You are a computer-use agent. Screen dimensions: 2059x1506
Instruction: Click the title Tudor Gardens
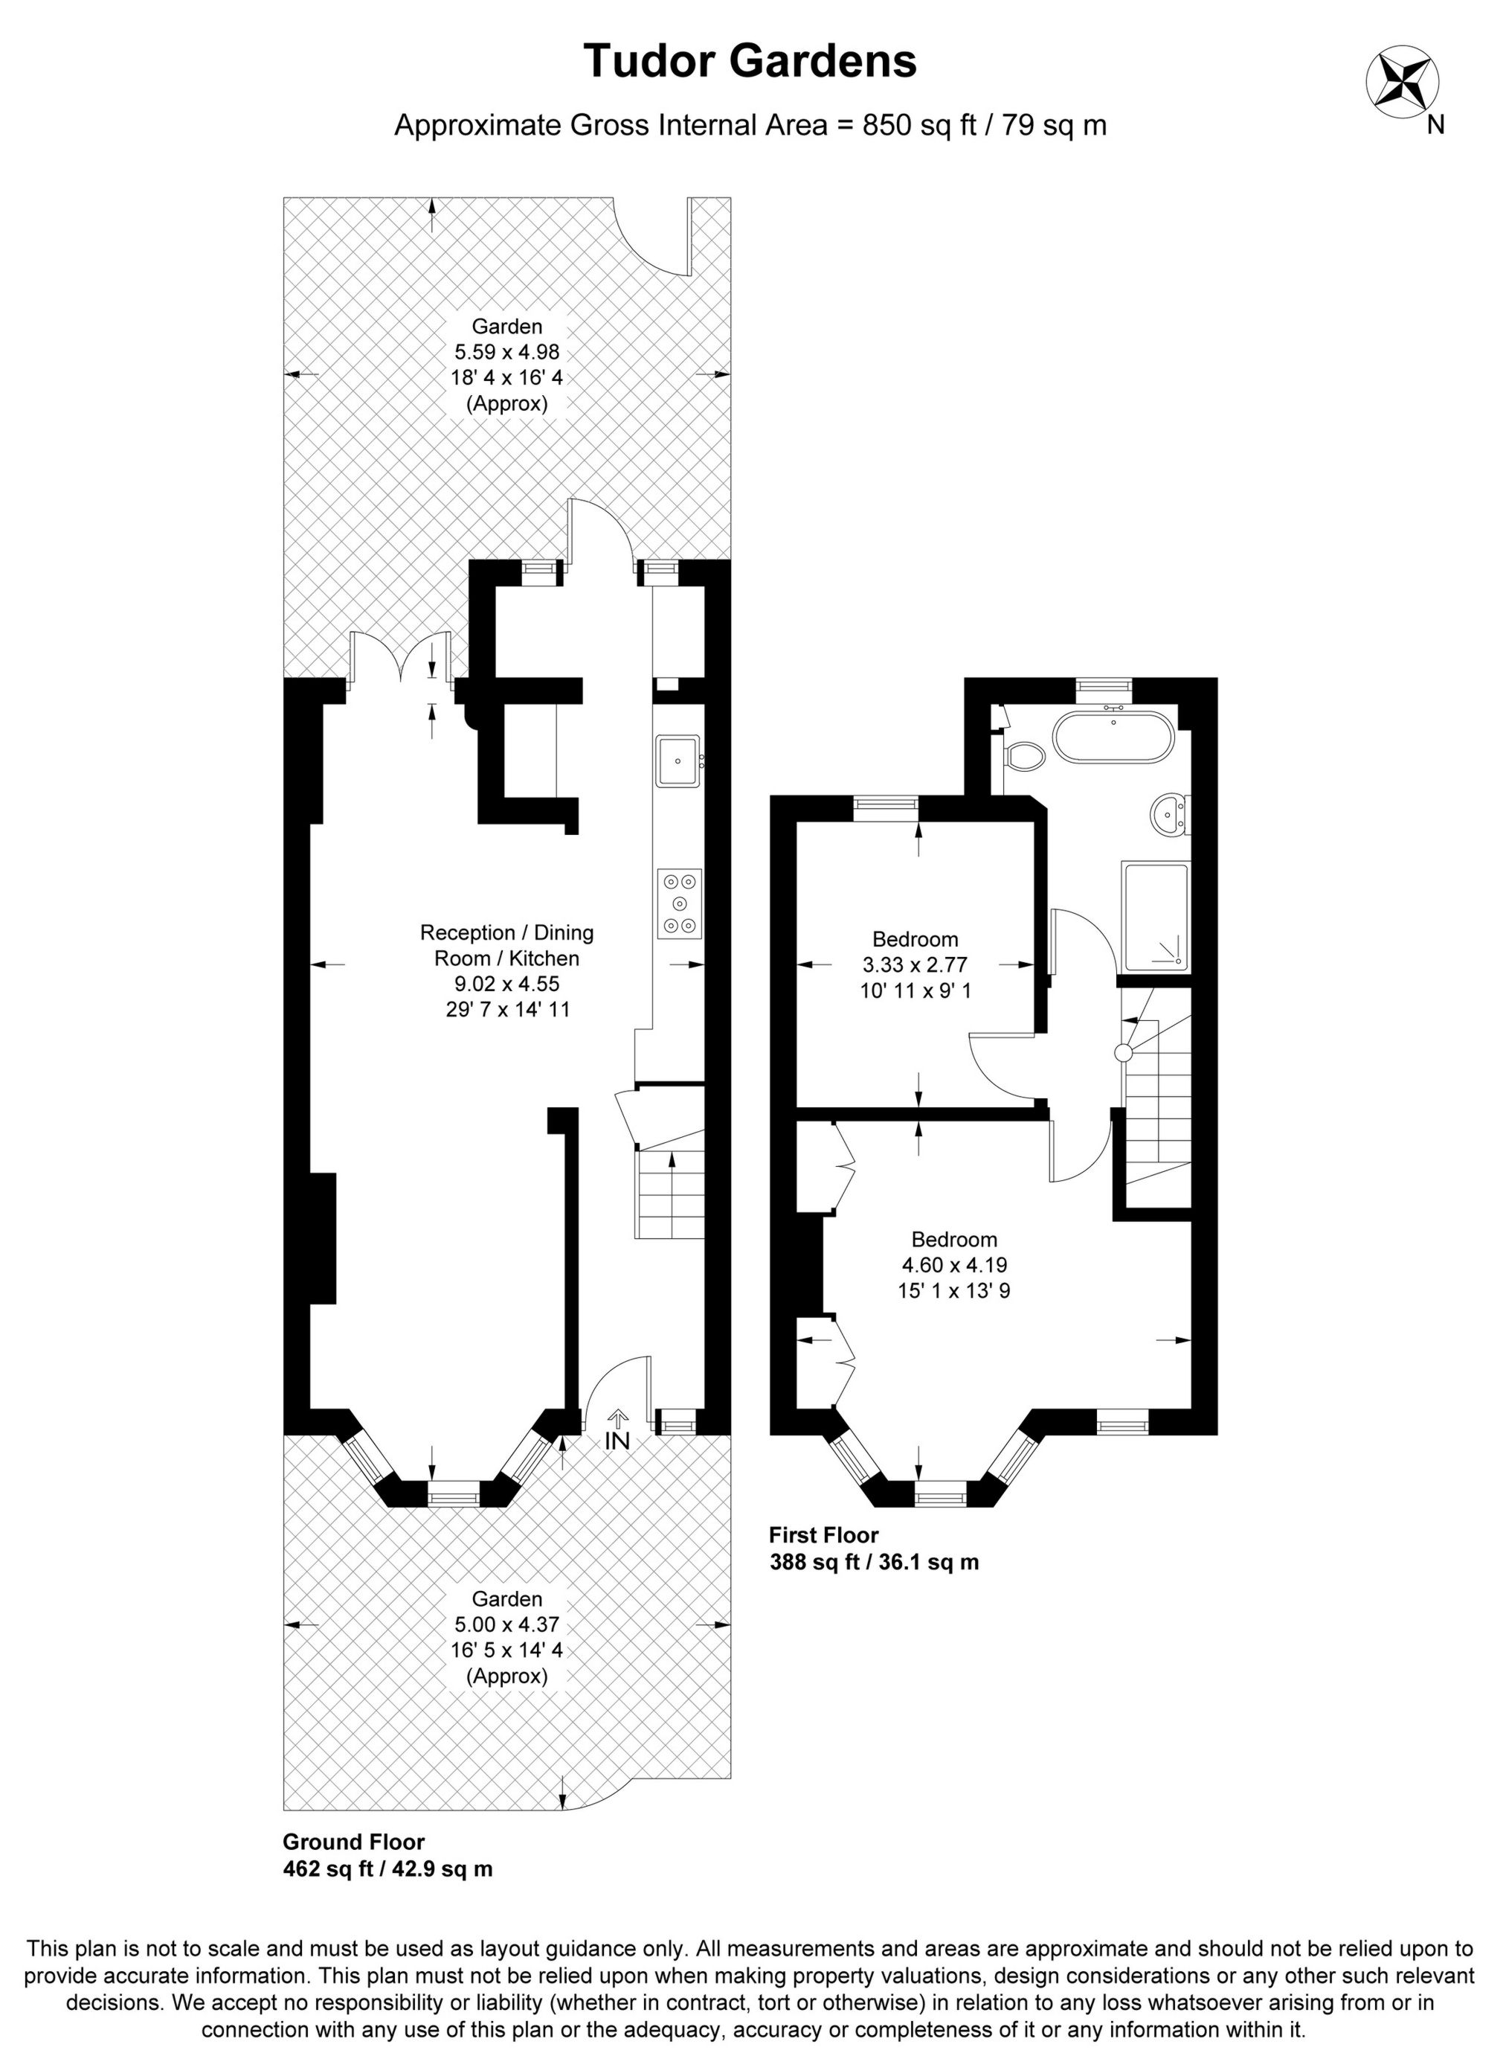pos(750,61)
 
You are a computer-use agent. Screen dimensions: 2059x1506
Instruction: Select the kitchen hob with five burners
pos(680,903)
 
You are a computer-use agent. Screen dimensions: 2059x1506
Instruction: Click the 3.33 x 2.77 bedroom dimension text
pos(914,964)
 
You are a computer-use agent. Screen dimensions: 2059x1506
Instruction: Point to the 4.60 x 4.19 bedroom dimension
pos(953,1265)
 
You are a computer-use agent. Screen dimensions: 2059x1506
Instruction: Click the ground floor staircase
pos(671,1194)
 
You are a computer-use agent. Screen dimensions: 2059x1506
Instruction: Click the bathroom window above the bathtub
pos(1103,688)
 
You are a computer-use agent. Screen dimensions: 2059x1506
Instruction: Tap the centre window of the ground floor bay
pos(453,1493)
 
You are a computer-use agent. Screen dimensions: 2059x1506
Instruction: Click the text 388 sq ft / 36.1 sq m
pos(873,1562)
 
